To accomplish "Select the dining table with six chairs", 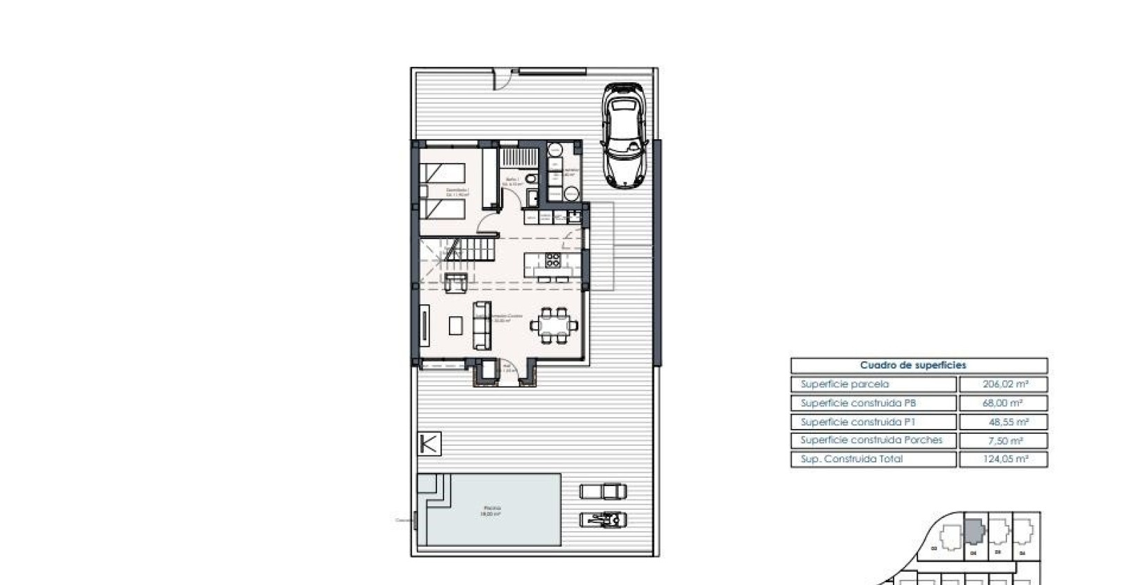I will click(x=554, y=325).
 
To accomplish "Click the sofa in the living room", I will click(x=482, y=325).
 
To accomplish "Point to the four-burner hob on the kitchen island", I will click(x=553, y=260).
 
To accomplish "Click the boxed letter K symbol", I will click(x=429, y=444).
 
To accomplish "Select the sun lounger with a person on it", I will click(x=603, y=519).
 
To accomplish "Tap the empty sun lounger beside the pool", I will click(x=603, y=491).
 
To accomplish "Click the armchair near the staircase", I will click(x=456, y=282).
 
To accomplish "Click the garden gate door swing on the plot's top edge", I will click(x=500, y=79).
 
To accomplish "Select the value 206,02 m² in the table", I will click(x=1003, y=384).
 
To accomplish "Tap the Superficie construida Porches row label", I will click(x=871, y=440).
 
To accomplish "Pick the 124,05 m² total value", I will click(x=1003, y=459).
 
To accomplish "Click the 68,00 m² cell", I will click(x=1003, y=403).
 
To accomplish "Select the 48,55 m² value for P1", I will click(x=1003, y=421).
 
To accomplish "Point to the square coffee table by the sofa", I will click(x=456, y=325).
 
